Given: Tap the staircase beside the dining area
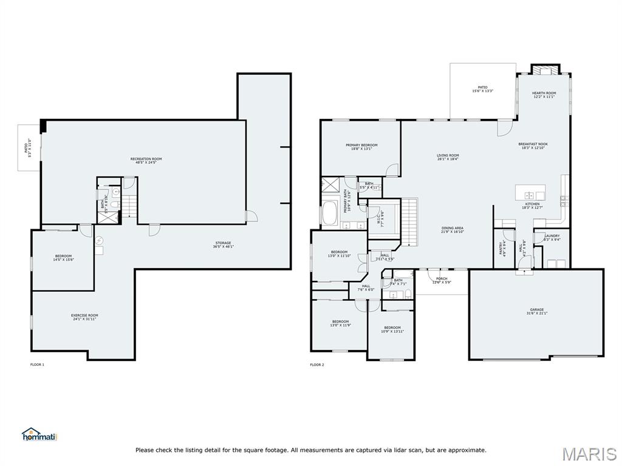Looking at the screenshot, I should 411,221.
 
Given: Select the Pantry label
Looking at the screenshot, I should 502,248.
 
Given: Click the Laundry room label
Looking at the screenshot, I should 552,237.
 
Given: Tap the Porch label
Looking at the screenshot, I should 442,280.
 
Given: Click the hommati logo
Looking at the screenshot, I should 39,434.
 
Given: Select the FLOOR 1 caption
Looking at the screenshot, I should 37,365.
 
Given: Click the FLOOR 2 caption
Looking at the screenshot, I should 317,365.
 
